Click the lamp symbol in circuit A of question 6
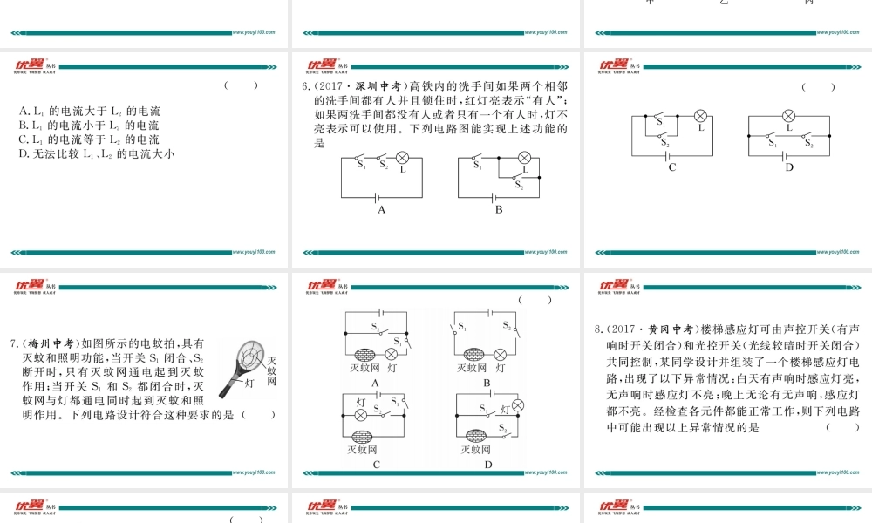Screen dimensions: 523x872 (x=402, y=158)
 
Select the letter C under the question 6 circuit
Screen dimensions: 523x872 (x=671, y=167)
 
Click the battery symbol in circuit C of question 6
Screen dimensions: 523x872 (x=671, y=155)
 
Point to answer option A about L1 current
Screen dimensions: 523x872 (x=89, y=112)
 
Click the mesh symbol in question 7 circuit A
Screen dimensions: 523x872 (x=364, y=354)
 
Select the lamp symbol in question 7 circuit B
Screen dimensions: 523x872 (x=500, y=354)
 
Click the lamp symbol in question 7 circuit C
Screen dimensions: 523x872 (x=360, y=416)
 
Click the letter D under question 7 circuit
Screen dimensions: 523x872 (x=488, y=465)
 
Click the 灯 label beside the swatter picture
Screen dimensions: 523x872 (x=249, y=383)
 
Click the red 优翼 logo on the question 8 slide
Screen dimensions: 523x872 (x=615, y=286)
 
